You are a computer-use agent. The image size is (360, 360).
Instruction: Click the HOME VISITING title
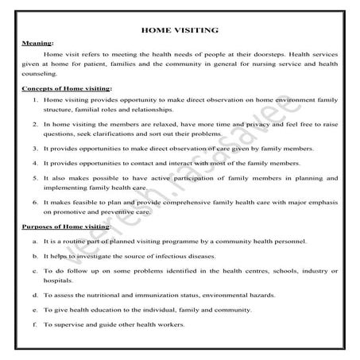[x=179, y=30]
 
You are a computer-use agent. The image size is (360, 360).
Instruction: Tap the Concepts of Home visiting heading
[x=66, y=90]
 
